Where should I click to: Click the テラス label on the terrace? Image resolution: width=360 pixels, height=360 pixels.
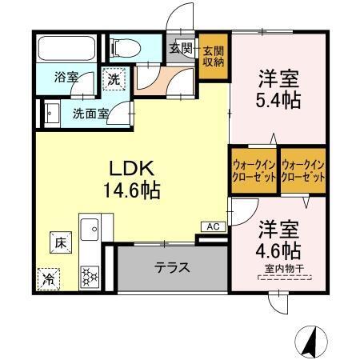tap(172, 267)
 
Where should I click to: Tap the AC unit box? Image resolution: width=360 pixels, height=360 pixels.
tap(213, 226)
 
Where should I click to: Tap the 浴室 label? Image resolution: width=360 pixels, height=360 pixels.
tap(66, 78)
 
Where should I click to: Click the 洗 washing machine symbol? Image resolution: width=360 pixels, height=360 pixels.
tap(114, 79)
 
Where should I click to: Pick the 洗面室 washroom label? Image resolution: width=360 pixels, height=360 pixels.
tap(91, 114)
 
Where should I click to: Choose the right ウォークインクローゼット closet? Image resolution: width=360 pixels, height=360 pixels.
tap(303, 170)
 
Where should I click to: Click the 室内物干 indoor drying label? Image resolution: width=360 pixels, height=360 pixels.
tap(284, 268)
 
